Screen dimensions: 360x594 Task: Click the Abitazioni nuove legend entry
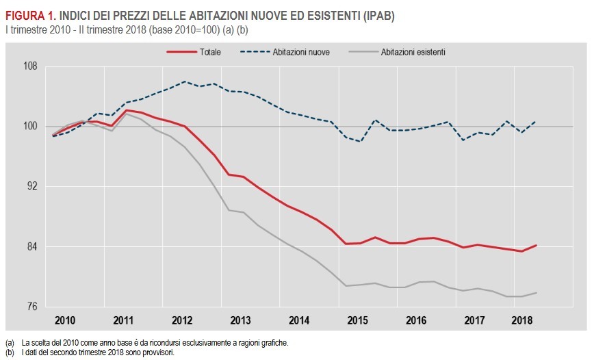pyautogui.click(x=302, y=51)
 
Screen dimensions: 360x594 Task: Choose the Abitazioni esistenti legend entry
pyautogui.click(x=413, y=51)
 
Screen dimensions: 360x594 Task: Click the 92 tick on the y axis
pyautogui.click(x=31, y=187)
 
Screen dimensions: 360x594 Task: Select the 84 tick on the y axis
pyautogui.click(x=31, y=246)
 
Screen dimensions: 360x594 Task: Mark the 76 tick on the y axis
pyautogui.click(x=31, y=306)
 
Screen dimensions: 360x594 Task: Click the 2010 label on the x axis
pyautogui.click(x=64, y=320)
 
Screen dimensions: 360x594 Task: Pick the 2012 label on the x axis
pyautogui.click(x=182, y=320)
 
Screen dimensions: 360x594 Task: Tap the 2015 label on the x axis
pyautogui.click(x=358, y=320)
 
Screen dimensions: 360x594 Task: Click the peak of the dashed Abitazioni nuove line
pyautogui.click(x=185, y=81)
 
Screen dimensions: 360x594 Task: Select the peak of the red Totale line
pyautogui.click(x=127, y=110)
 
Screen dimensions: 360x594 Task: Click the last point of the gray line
pyautogui.click(x=535, y=293)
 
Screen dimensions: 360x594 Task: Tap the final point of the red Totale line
pyautogui.click(x=535, y=245)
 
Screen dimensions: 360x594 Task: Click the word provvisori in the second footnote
pyautogui.click(x=159, y=352)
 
